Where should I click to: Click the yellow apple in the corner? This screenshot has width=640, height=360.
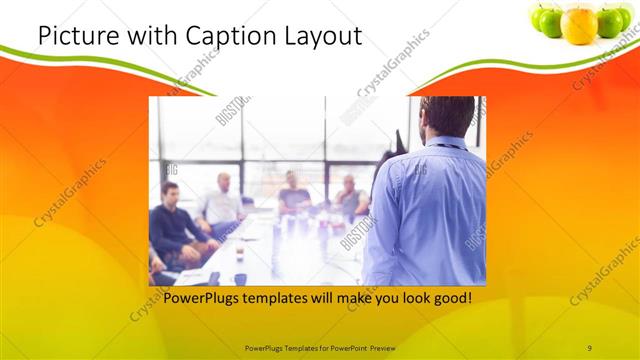click(x=579, y=23)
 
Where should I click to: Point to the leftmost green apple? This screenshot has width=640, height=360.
click(x=548, y=20)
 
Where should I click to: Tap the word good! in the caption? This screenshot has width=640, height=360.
click(x=449, y=298)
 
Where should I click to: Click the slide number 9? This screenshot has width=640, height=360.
click(x=589, y=347)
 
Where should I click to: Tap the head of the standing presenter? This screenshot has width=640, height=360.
click(x=446, y=117)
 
